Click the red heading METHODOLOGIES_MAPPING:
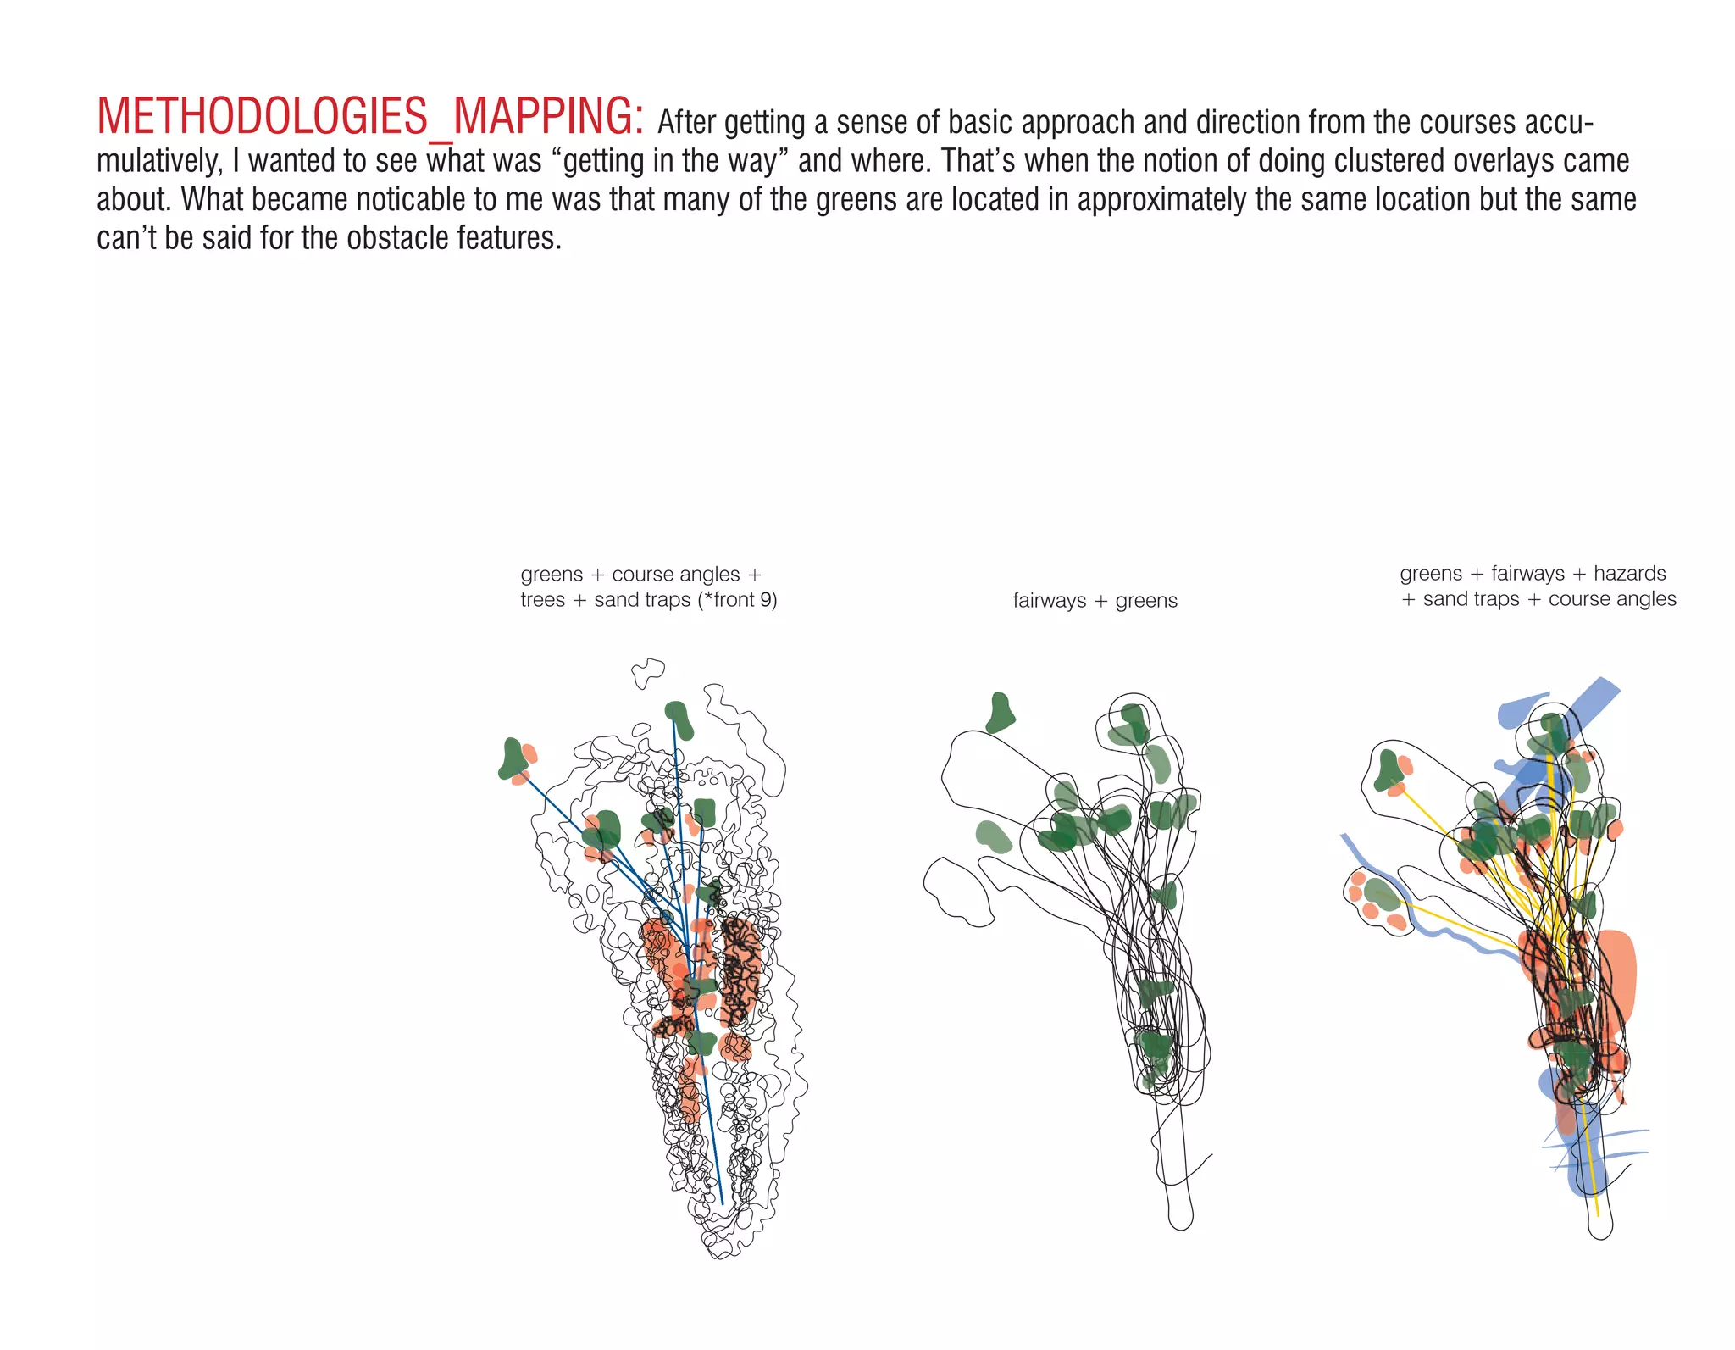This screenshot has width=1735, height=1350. [369, 117]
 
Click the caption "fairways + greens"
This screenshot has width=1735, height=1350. [1095, 601]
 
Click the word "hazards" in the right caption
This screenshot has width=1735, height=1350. [1629, 574]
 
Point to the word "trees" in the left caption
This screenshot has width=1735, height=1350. [542, 600]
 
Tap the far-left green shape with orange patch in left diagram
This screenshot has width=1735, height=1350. [515, 760]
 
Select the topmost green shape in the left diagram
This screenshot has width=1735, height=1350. [679, 719]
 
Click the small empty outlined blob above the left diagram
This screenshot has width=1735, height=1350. [648, 672]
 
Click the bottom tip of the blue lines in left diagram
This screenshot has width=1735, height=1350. [722, 1201]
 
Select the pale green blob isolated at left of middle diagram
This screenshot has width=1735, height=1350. [993, 836]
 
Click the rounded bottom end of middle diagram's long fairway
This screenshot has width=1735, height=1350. [1180, 1220]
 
